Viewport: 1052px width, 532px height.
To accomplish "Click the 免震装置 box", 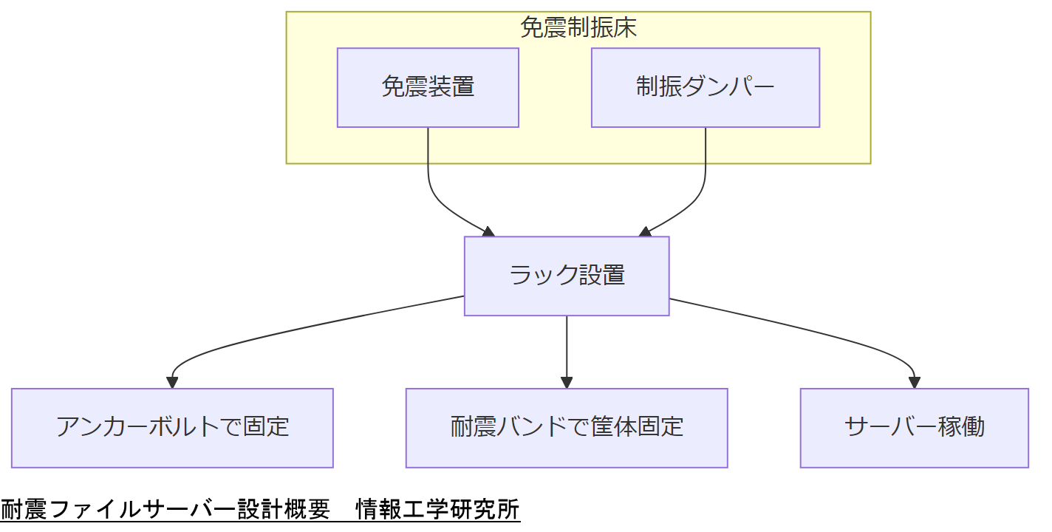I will point(428,87).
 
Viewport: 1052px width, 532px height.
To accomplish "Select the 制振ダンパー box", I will point(705,87).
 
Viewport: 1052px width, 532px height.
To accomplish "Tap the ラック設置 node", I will point(567,276).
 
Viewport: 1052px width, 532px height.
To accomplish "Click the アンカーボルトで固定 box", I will point(172,428).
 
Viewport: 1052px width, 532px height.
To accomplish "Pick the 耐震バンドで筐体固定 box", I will point(567,428).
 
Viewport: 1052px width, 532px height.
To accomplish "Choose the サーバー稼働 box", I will point(914,428).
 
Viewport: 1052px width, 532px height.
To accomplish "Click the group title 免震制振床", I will point(578,28).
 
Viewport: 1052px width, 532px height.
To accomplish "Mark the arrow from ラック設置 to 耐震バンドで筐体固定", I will point(567,347).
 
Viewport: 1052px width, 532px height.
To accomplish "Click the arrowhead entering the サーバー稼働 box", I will point(914,383).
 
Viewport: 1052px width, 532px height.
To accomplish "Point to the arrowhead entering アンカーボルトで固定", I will point(172,383).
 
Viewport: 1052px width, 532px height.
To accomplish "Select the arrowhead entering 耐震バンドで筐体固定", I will point(567,383).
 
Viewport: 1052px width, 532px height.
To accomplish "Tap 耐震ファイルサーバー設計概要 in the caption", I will point(165,510).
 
